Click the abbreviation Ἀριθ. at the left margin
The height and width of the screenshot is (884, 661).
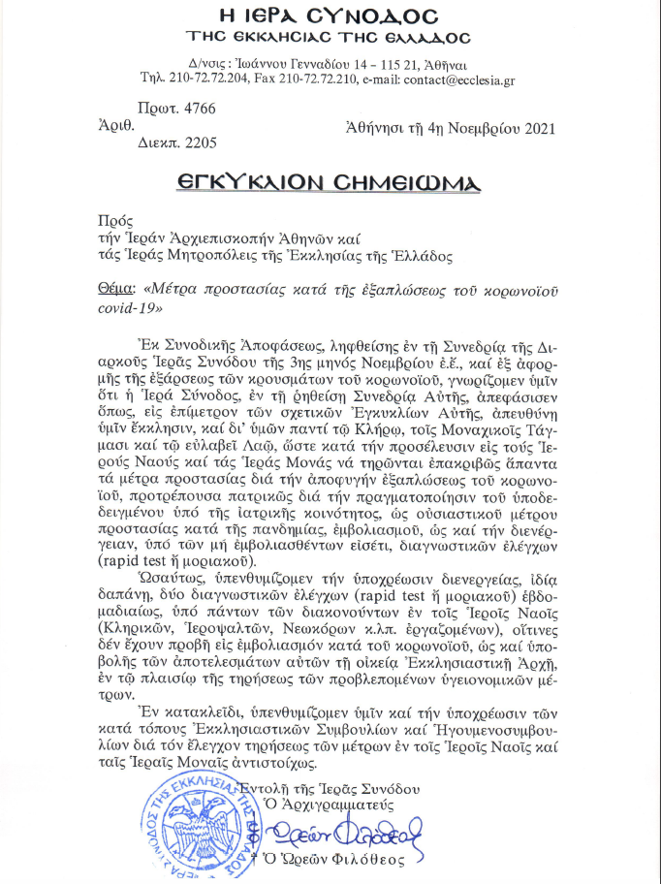point(115,125)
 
